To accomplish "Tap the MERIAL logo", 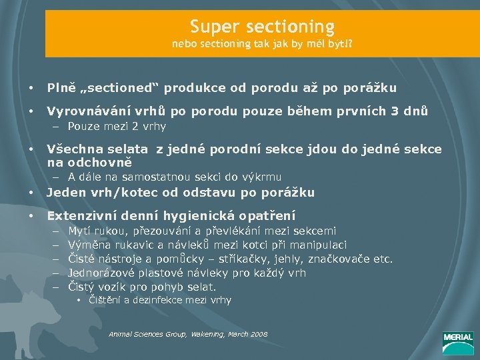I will point(458,340).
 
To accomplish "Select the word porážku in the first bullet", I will point(368,87).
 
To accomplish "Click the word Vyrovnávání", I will point(87,111).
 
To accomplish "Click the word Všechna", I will point(74,149).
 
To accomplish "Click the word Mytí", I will point(79,231).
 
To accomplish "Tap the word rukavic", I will point(125,245).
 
